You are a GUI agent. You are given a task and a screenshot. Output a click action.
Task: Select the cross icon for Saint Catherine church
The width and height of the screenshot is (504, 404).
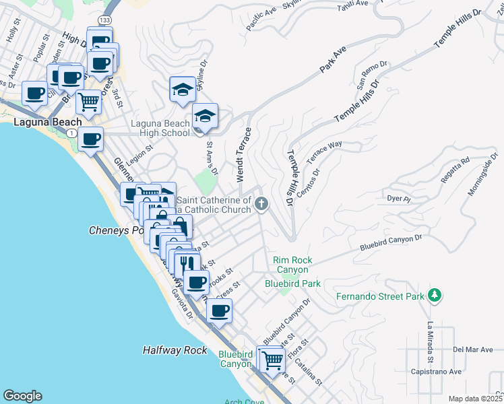tap(261, 203)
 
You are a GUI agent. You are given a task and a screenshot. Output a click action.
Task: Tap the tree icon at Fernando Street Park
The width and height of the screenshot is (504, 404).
tap(435, 294)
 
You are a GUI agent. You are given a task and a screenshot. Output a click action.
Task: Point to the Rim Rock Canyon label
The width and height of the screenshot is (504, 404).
tap(290, 265)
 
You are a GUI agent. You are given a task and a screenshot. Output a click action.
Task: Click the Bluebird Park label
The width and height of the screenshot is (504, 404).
tap(292, 283)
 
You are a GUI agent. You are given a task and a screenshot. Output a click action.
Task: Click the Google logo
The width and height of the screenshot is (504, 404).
tap(22, 396)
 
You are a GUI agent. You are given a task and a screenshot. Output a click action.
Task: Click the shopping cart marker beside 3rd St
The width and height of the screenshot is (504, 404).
tap(89, 102)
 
